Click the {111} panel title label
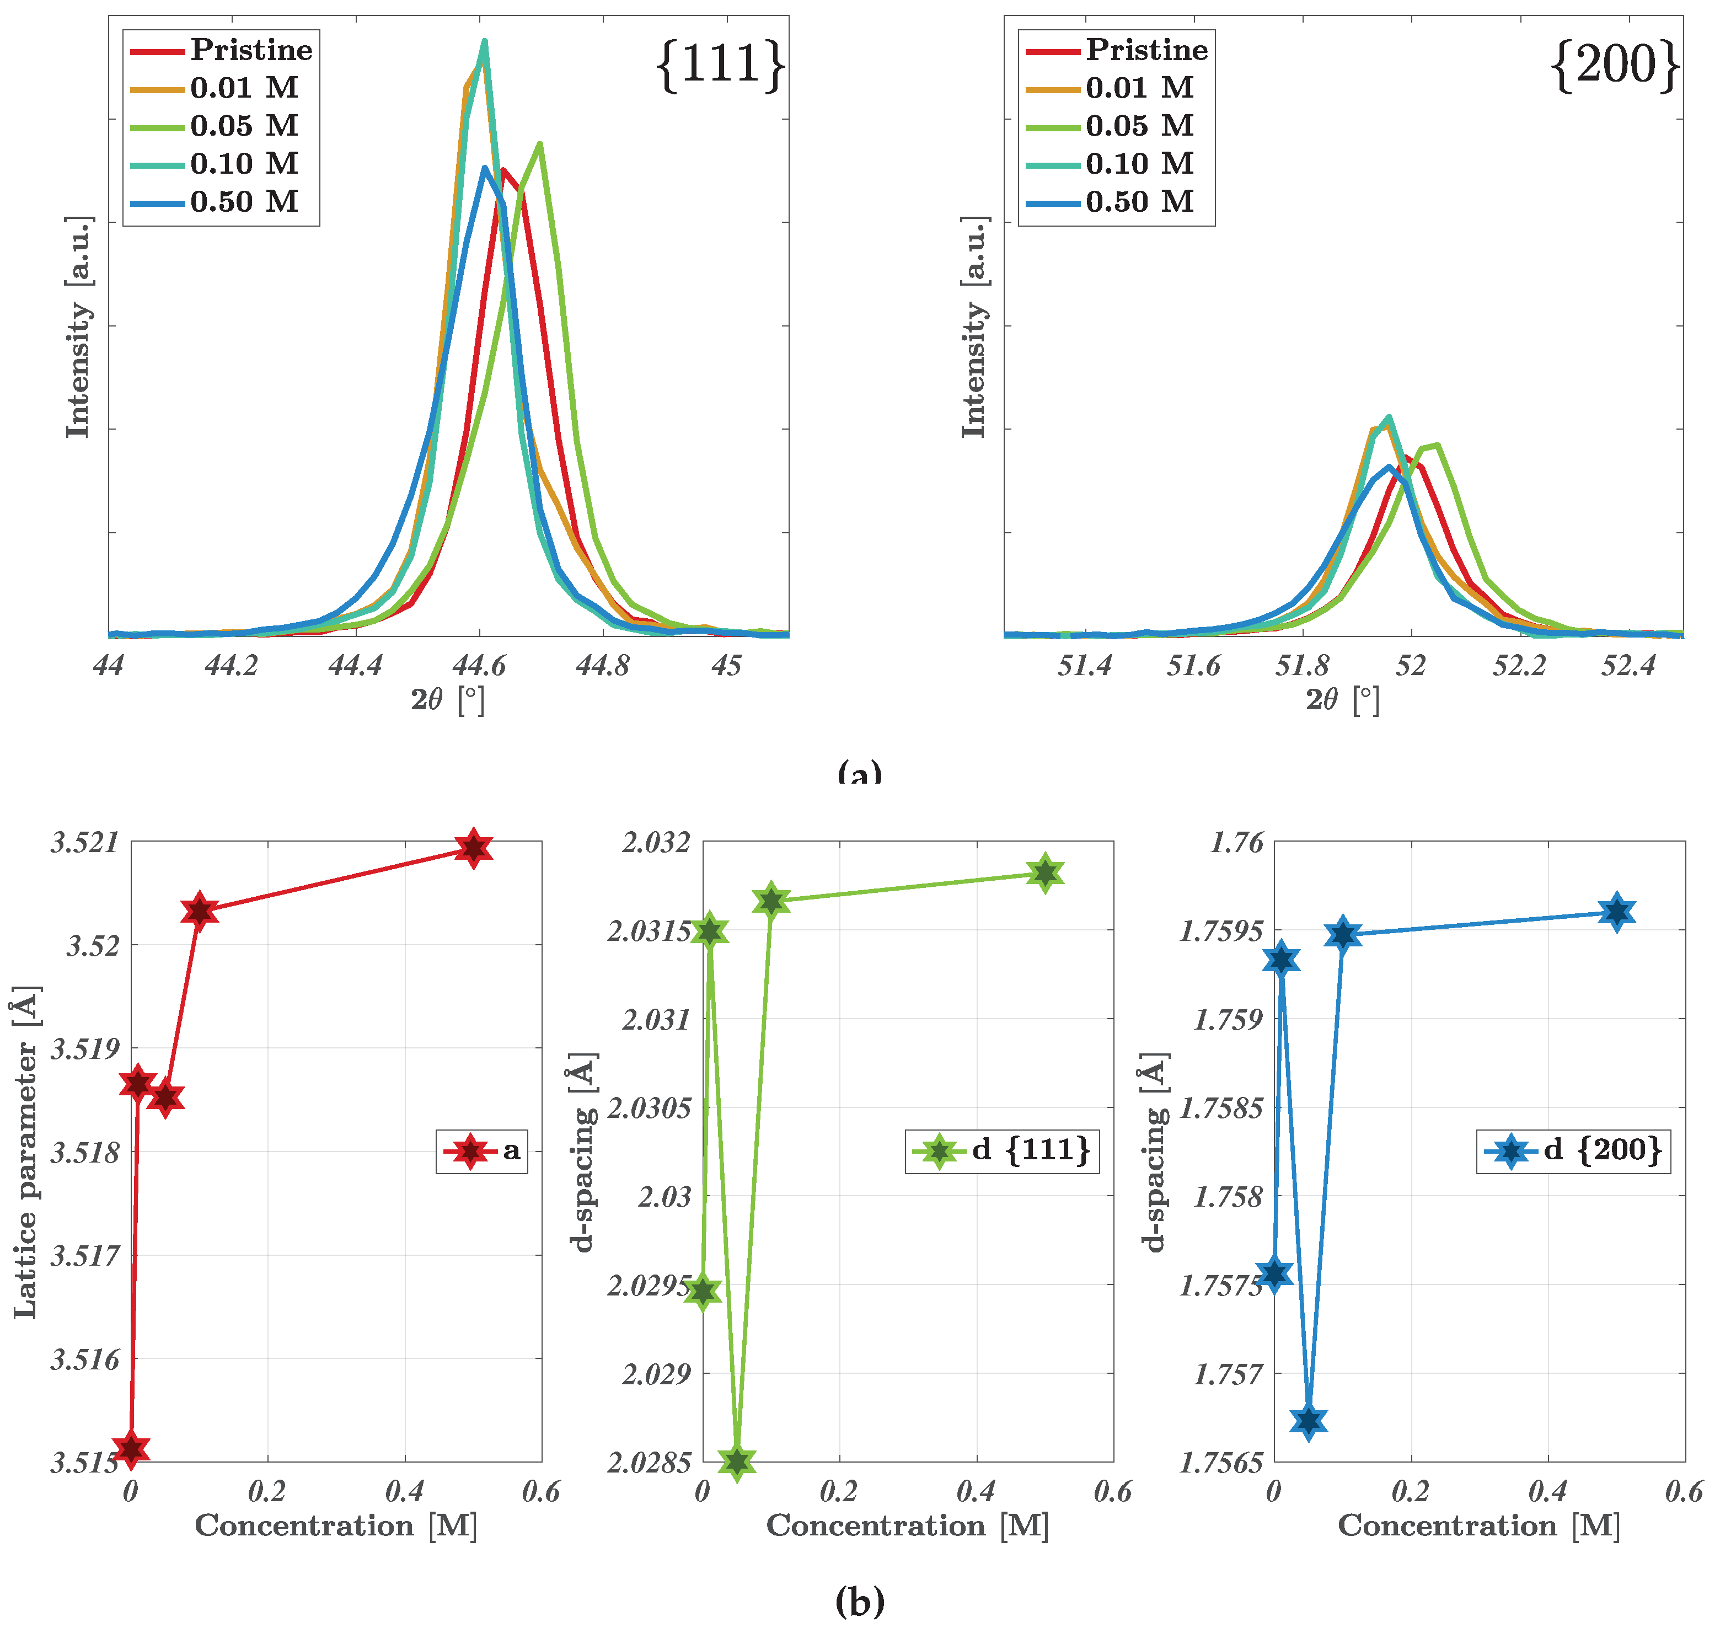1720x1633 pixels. [x=721, y=65]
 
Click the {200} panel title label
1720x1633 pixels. [x=1616, y=65]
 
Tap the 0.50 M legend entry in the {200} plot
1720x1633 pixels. [x=1139, y=202]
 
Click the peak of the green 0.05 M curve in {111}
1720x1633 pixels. [x=540, y=144]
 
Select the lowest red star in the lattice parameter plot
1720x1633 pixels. [x=131, y=1448]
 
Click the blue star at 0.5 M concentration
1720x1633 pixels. [x=1616, y=912]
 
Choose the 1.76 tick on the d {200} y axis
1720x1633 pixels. [x=1236, y=843]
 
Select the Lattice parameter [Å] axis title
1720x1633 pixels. [x=26, y=1153]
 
